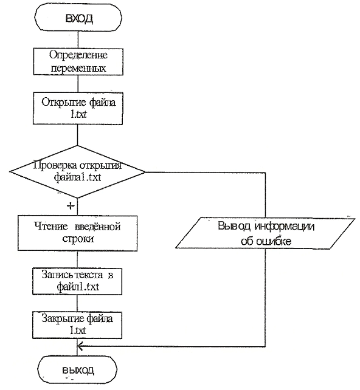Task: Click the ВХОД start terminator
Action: click(78, 18)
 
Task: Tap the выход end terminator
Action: click(77, 369)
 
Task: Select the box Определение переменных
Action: click(78, 62)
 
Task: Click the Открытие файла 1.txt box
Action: click(78, 109)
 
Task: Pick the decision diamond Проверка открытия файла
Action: click(77, 172)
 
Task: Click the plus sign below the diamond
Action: click(71, 206)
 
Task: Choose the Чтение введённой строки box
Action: click(77, 233)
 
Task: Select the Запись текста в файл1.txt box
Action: click(77, 281)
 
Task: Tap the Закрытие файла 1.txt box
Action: click(77, 325)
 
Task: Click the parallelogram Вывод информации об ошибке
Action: click(265, 233)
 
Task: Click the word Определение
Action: click(78, 55)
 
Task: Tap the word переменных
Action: click(78, 68)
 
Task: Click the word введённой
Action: click(98, 227)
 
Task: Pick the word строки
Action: click(78, 239)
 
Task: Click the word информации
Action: click(285, 227)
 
